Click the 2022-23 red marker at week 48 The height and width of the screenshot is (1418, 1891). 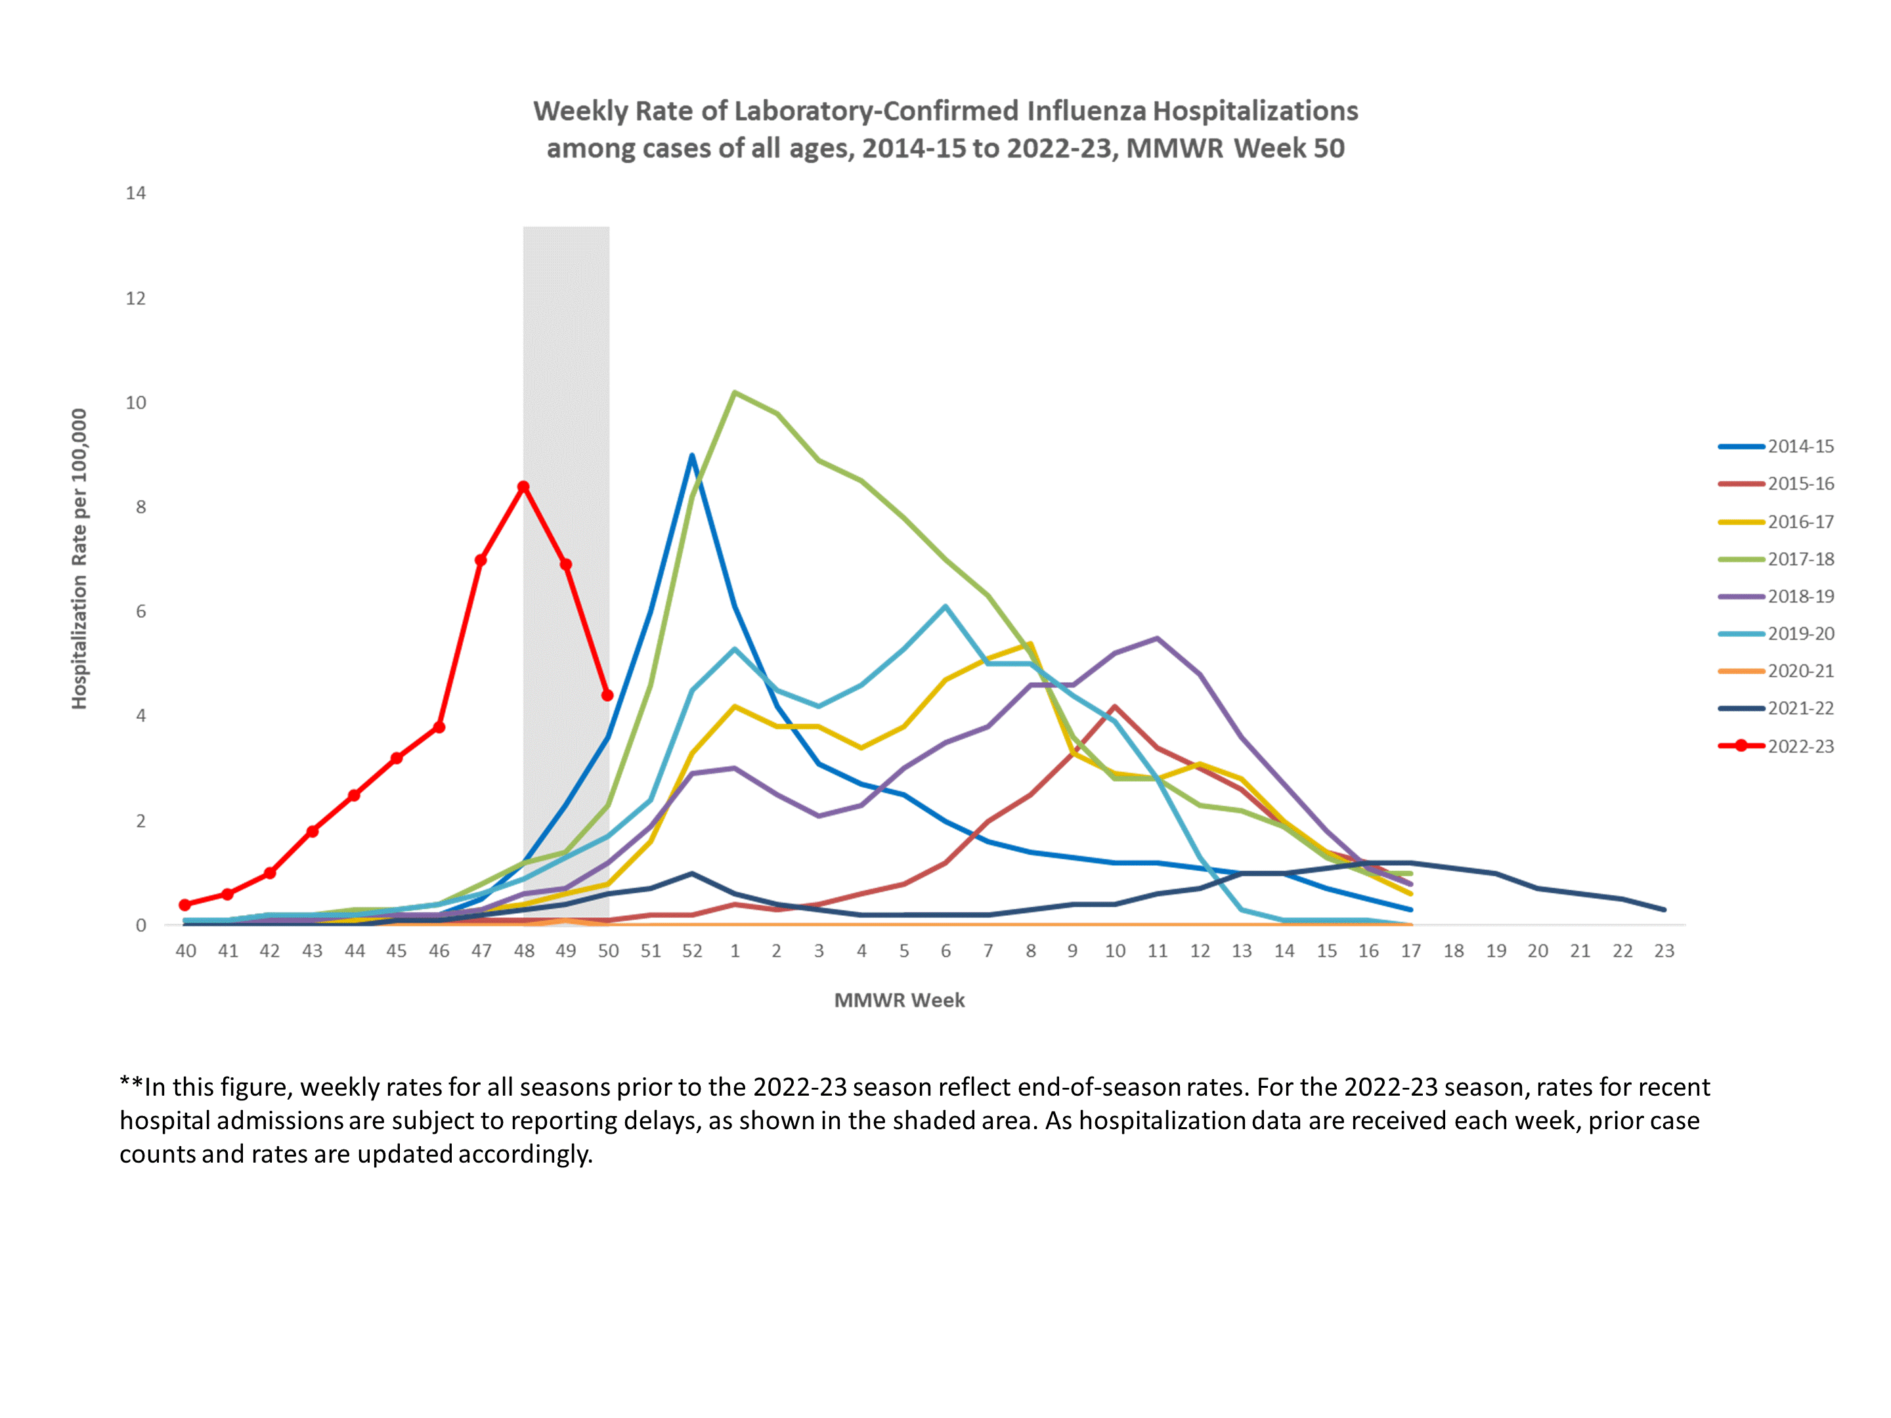[x=523, y=487]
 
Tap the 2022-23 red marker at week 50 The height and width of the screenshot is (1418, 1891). [x=608, y=695]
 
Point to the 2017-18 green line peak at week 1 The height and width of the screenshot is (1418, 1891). [x=734, y=393]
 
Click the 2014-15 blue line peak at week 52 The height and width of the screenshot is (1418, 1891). [x=691, y=456]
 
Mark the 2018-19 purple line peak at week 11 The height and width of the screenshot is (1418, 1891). [x=1157, y=639]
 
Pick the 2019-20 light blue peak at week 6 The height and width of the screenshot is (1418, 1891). [x=946, y=607]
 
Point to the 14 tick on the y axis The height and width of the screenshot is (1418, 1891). [x=136, y=193]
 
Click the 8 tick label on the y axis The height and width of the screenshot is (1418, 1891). [x=141, y=507]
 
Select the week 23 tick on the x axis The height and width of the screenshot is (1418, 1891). [x=1664, y=951]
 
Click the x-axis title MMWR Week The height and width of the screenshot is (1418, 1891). [x=900, y=1000]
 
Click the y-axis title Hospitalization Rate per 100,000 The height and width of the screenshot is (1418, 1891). [x=79, y=559]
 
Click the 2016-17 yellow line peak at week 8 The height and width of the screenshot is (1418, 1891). [x=1030, y=645]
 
